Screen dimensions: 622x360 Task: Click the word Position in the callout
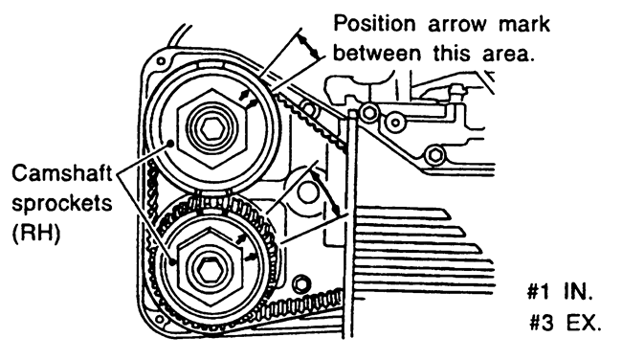pyautogui.click(x=374, y=24)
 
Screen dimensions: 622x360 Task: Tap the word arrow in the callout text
pyautogui.click(x=457, y=26)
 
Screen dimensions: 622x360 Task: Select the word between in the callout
pyautogui.click(x=376, y=54)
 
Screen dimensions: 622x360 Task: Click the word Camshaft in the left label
pyautogui.click(x=61, y=173)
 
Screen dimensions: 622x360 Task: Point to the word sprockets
pyautogui.click(x=62, y=204)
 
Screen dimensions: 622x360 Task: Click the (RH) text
pyautogui.click(x=36, y=233)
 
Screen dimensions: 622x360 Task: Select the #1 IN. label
pyautogui.click(x=560, y=292)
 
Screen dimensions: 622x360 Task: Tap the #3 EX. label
pyautogui.click(x=566, y=323)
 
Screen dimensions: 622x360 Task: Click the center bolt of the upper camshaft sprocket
pyautogui.click(x=212, y=127)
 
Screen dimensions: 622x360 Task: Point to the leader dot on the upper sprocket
pyautogui.click(x=171, y=143)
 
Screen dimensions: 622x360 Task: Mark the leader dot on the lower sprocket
pyautogui.click(x=172, y=261)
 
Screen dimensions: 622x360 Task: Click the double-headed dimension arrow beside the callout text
pyautogui.click(x=308, y=46)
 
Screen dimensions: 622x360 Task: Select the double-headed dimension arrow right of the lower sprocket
pyautogui.click(x=325, y=192)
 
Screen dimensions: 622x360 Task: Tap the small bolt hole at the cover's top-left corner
pyautogui.click(x=161, y=61)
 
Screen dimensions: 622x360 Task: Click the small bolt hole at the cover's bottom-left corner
pyautogui.click(x=160, y=319)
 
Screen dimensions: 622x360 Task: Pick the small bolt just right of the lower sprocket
pyautogui.click(x=301, y=283)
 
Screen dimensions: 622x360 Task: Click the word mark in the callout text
pyautogui.click(x=524, y=24)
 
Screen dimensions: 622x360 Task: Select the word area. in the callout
pyautogui.click(x=508, y=55)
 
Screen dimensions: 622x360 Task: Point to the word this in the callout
pyautogui.click(x=451, y=54)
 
